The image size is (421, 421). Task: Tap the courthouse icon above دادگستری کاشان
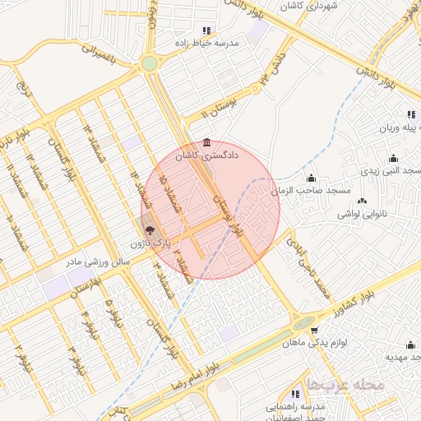click(206, 141)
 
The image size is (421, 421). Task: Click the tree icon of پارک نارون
click(149, 231)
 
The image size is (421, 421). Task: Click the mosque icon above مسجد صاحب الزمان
click(311, 178)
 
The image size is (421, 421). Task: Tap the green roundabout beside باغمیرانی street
click(149, 63)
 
